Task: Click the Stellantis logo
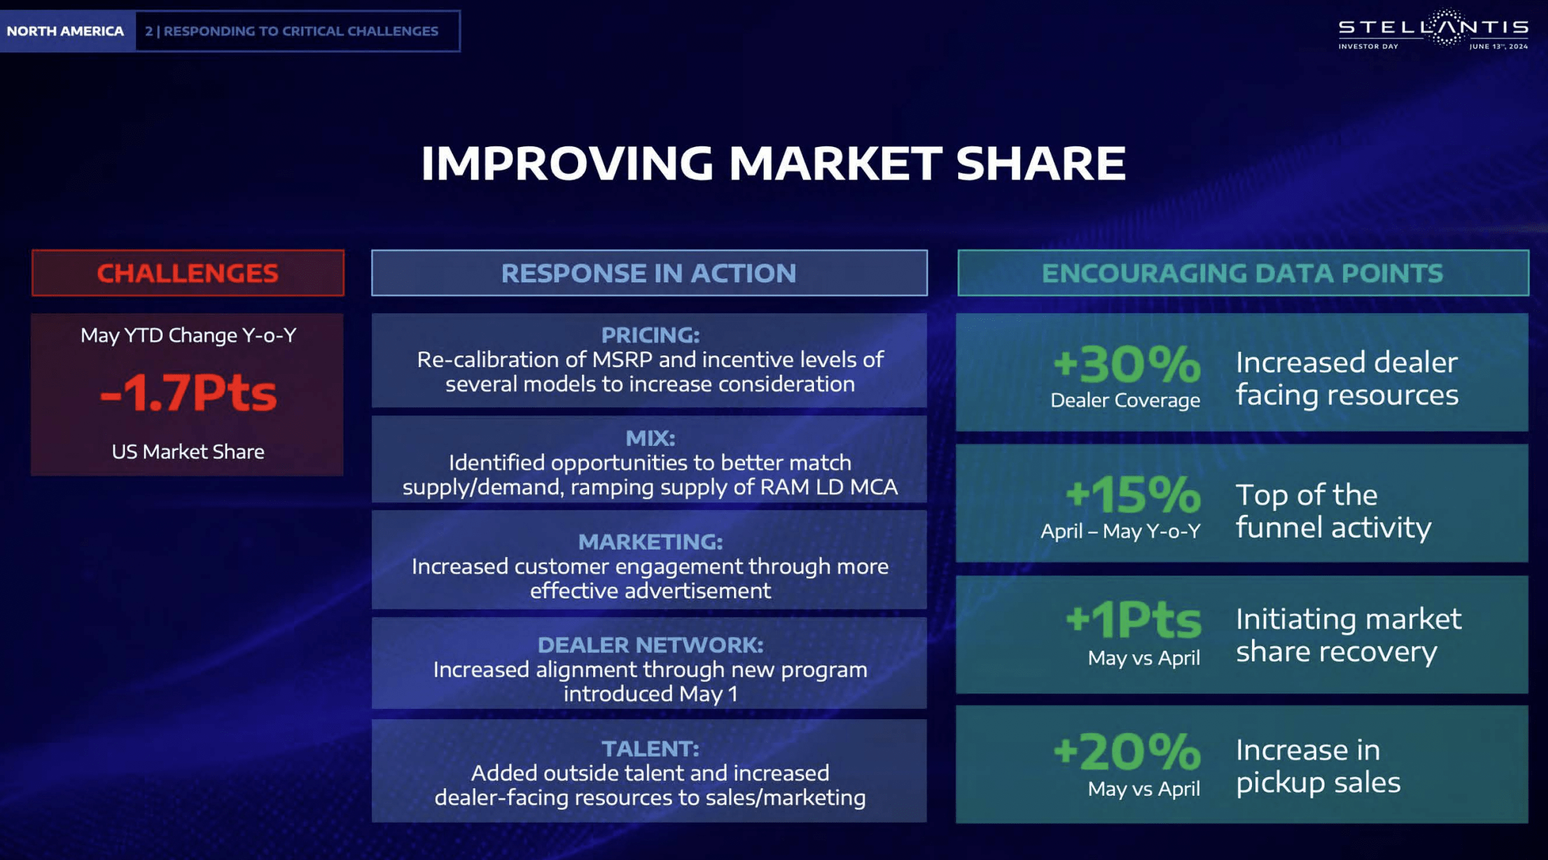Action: click(1433, 29)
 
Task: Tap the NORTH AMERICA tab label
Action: click(66, 31)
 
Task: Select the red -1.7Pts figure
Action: click(188, 392)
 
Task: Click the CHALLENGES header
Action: click(188, 273)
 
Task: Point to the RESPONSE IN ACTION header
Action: click(648, 273)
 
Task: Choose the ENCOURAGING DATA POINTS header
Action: click(1242, 273)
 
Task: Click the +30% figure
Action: click(1127, 364)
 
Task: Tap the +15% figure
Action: click(1133, 494)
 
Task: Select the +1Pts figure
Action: click(1133, 619)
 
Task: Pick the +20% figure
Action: click(1127, 751)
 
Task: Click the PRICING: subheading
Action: click(651, 335)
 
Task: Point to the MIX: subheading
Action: click(651, 438)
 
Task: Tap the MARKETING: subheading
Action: click(651, 542)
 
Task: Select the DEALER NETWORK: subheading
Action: click(651, 645)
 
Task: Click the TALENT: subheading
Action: click(651, 748)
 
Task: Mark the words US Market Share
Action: click(188, 451)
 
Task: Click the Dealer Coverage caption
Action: click(1125, 400)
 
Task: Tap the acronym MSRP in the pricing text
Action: click(622, 360)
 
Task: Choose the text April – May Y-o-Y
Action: click(1121, 531)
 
